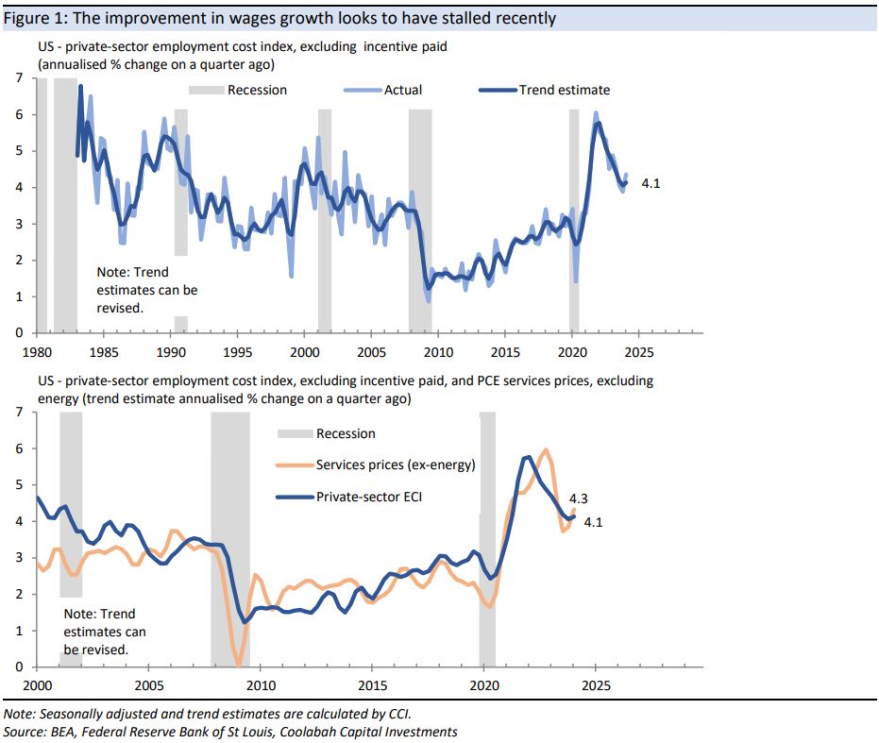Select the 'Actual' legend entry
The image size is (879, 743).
402,90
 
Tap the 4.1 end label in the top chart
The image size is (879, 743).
650,184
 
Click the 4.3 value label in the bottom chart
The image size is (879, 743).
580,499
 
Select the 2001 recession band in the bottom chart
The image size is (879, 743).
71,505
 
